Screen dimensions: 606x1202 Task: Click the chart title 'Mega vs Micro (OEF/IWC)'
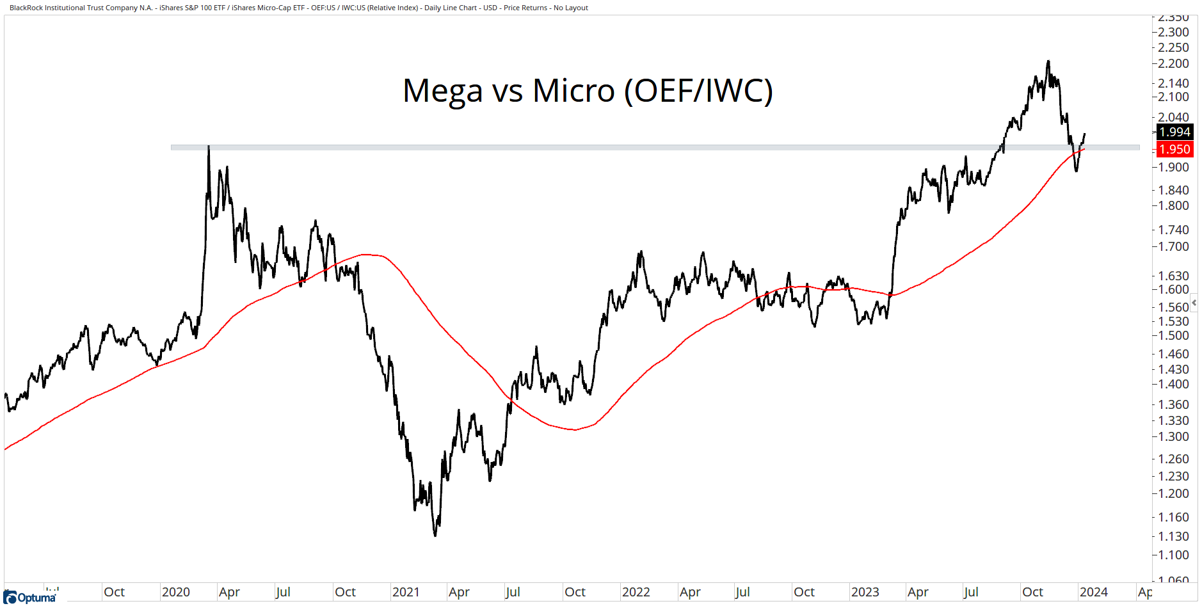588,90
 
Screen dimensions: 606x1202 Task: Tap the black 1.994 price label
1174,132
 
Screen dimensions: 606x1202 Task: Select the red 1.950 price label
1174,149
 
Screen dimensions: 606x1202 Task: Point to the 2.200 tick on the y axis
1173,63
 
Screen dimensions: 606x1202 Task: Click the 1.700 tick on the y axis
1173,246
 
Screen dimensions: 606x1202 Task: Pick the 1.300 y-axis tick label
1173,436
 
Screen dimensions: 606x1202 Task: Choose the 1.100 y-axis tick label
1173,555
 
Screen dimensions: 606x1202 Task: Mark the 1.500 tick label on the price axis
1173,335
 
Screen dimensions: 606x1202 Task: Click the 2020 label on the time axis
175,592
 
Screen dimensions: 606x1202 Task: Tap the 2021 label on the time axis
406,592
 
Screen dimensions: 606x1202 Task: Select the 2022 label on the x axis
636,592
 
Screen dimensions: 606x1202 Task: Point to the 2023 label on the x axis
865,592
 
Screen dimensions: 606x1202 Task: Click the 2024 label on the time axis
1093,592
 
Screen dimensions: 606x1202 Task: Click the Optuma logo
30,598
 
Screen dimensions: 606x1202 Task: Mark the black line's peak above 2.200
1048,61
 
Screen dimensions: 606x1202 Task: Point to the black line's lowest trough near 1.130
435,535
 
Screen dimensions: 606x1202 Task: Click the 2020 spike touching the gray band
209,148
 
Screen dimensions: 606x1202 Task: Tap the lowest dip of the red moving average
575,429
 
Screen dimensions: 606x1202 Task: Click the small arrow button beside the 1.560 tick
1194,302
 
